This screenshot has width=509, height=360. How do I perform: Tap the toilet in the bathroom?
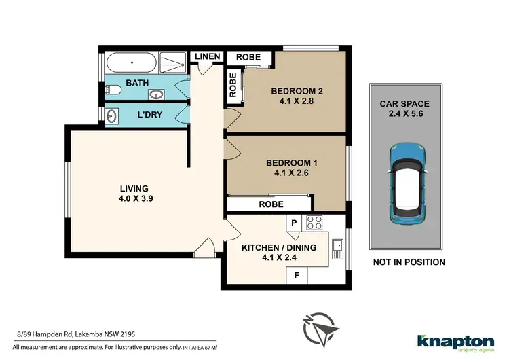[x=115, y=90]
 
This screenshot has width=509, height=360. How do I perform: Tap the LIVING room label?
[x=134, y=188]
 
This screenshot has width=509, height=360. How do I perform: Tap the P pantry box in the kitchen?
[x=295, y=222]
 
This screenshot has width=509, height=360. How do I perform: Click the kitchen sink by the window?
[x=337, y=251]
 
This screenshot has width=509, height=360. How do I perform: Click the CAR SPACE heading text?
[x=404, y=104]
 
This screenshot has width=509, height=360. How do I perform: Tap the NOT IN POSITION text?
[x=409, y=262]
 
